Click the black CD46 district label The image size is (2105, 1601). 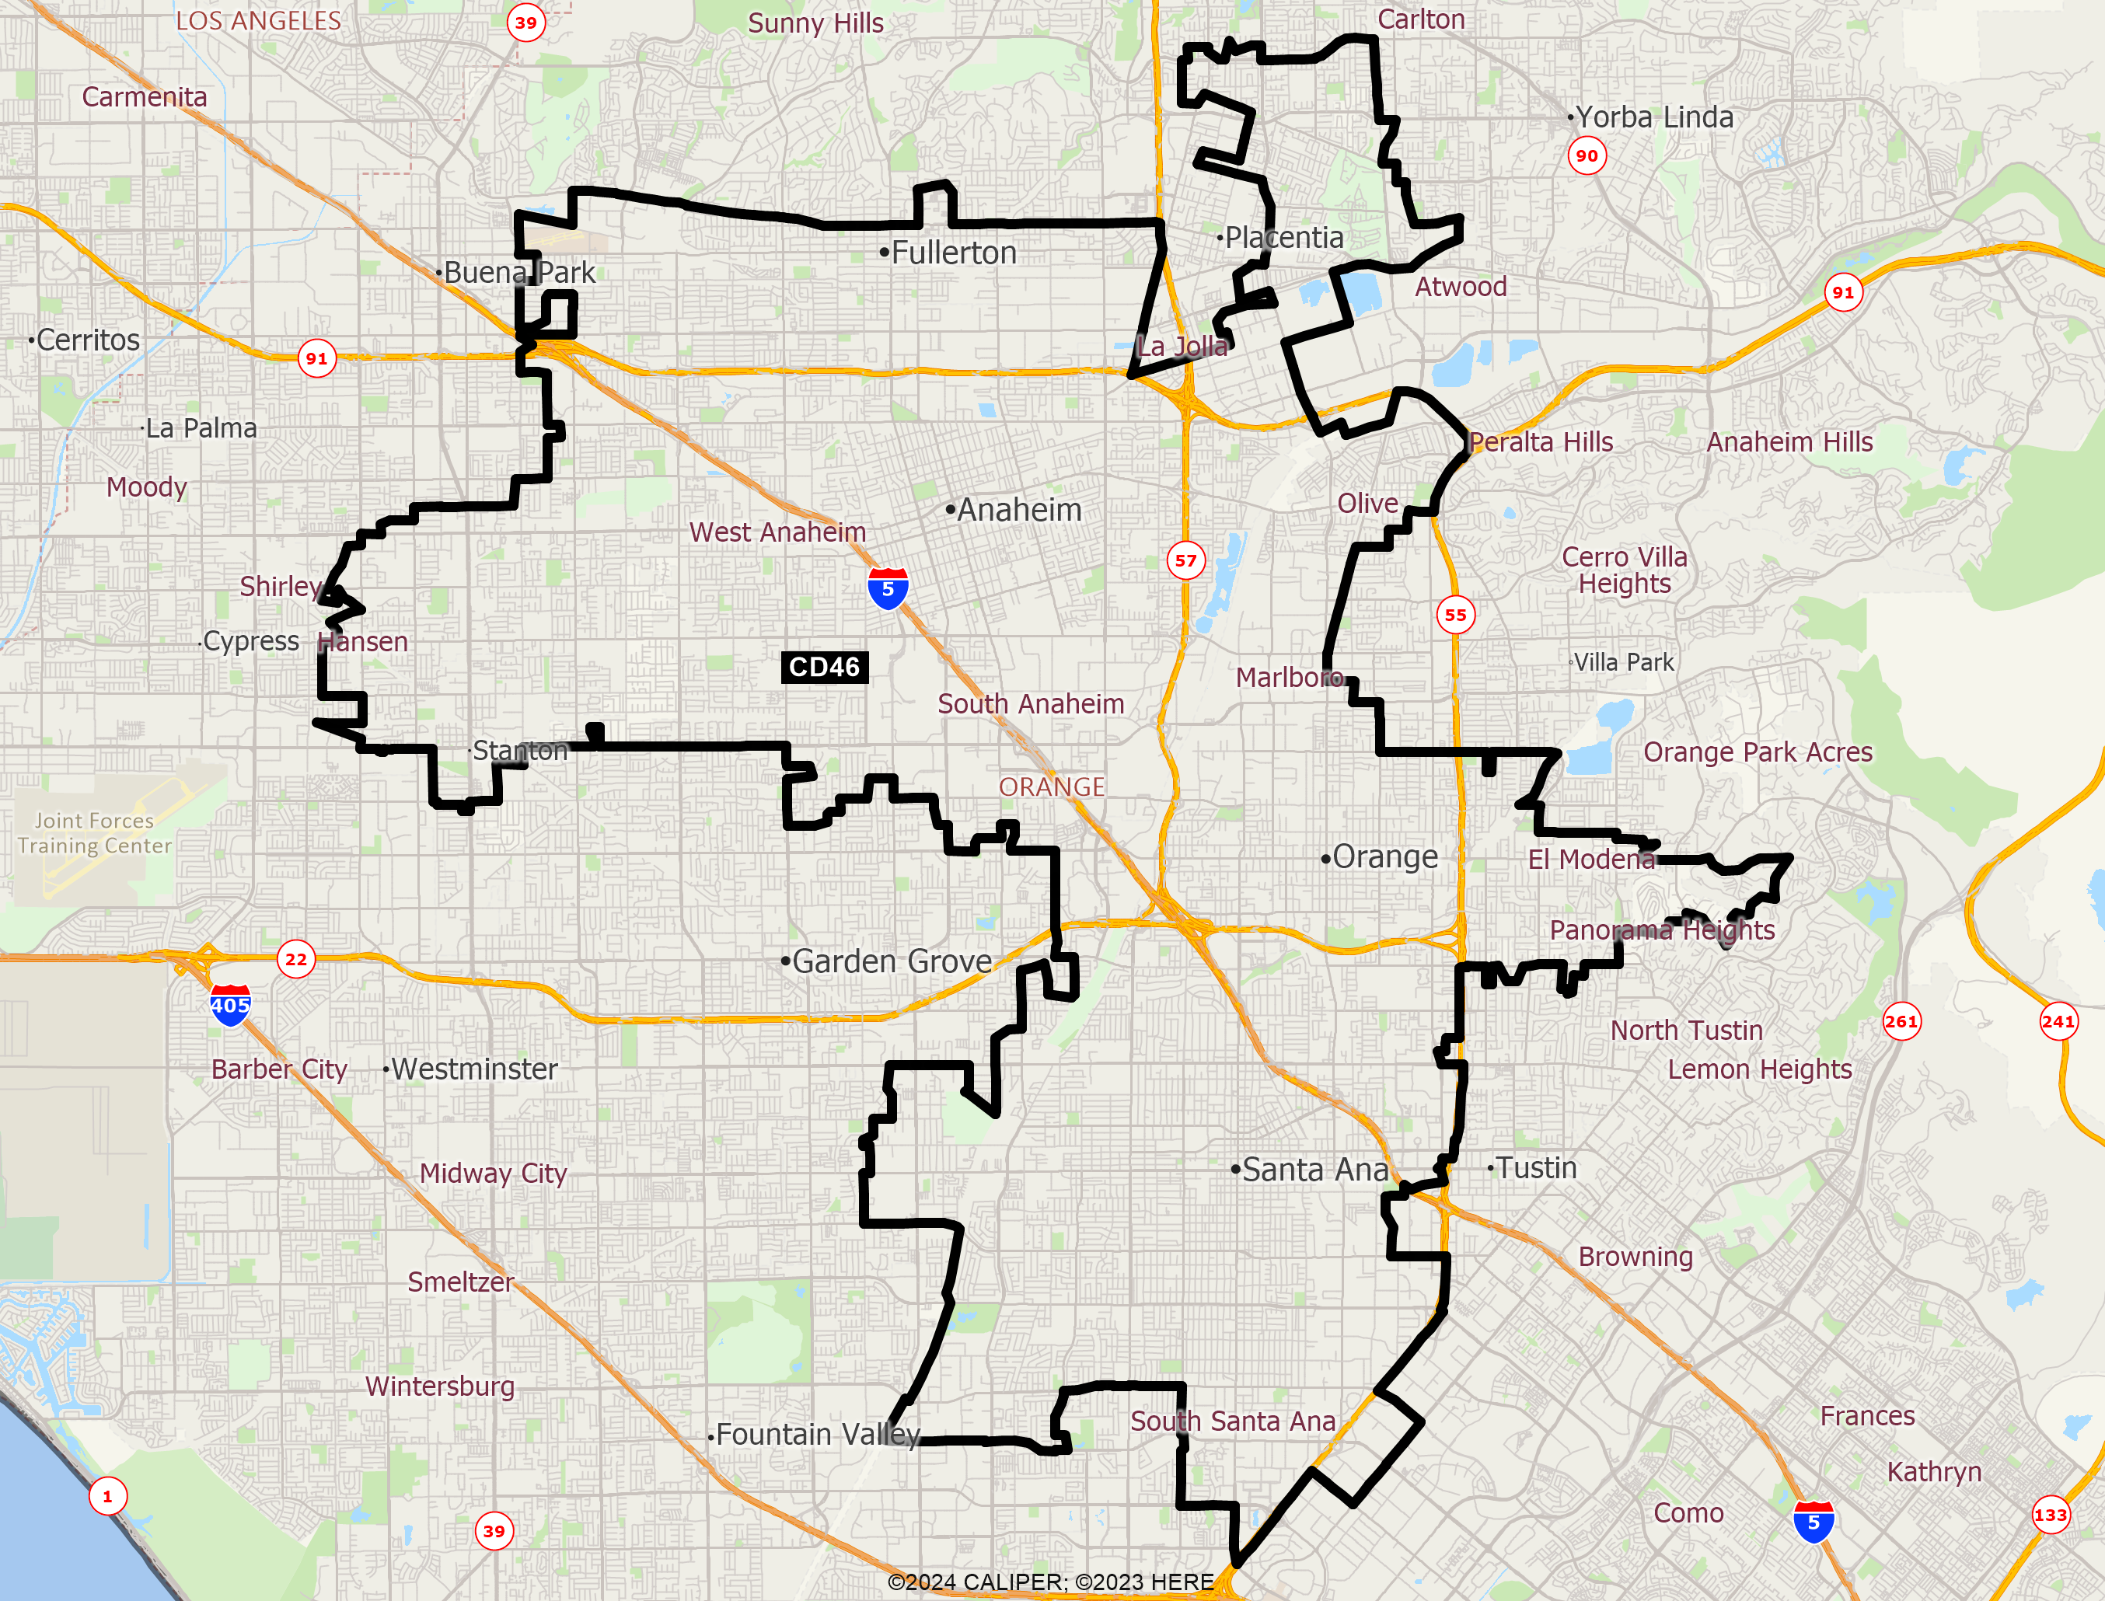click(824, 667)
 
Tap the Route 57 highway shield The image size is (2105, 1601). click(1185, 560)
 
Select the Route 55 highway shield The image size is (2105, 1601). click(1455, 615)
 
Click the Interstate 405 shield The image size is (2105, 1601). click(229, 1006)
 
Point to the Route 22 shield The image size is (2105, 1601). click(296, 959)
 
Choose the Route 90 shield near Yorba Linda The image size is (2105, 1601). click(1587, 155)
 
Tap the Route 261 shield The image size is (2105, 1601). click(1901, 1021)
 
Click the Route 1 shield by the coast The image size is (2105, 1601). click(108, 1496)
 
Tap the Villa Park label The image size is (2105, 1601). click(1623, 662)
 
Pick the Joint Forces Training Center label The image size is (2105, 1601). click(94, 833)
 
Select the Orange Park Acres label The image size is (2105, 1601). click(1758, 752)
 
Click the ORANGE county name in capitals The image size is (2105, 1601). click(1051, 787)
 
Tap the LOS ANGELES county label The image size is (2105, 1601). click(258, 21)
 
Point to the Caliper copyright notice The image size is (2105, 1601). click(1050, 1582)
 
